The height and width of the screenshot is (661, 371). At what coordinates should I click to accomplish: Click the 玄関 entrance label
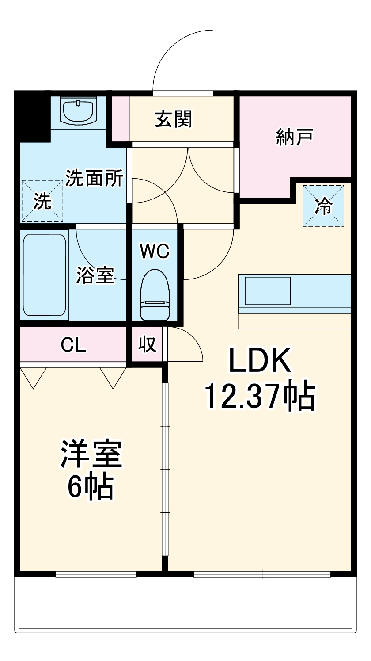click(x=174, y=119)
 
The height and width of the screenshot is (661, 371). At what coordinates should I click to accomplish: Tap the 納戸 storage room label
click(x=295, y=137)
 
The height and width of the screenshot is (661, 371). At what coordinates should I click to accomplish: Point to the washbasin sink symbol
click(x=79, y=111)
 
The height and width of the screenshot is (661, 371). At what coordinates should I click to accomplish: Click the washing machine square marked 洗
click(x=42, y=201)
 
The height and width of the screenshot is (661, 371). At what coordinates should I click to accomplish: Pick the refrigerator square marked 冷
click(x=323, y=206)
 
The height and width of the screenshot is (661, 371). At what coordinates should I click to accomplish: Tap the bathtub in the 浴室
click(x=45, y=275)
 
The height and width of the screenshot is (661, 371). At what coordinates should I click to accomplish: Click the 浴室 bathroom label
click(x=95, y=275)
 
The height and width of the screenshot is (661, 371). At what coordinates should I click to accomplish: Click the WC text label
click(x=155, y=251)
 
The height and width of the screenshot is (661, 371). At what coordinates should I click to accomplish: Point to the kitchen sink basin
click(x=268, y=290)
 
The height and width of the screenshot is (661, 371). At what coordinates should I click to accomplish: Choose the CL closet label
click(x=74, y=344)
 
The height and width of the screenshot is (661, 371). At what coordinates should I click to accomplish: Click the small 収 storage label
click(x=148, y=344)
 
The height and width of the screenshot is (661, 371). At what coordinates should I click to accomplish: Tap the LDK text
click(x=259, y=360)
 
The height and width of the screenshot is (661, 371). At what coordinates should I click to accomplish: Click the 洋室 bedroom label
click(x=91, y=454)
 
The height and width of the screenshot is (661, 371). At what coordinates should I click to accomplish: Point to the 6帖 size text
click(x=91, y=486)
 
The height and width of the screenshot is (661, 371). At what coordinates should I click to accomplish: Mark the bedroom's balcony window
click(x=96, y=574)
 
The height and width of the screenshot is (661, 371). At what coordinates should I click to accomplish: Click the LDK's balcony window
click(x=262, y=574)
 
